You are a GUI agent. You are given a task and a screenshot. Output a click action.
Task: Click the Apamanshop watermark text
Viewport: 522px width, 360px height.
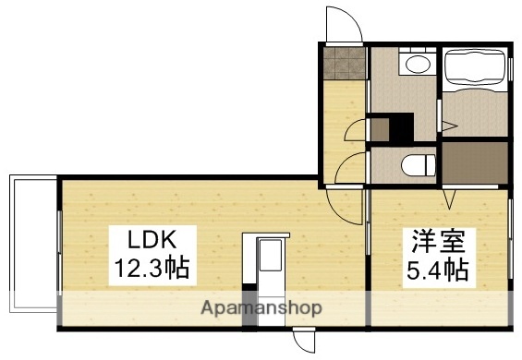point(261,308)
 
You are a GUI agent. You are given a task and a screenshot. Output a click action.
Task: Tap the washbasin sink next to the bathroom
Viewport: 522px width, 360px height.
point(416,64)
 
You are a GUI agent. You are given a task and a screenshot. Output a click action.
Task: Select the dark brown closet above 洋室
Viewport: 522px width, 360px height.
point(474,162)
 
